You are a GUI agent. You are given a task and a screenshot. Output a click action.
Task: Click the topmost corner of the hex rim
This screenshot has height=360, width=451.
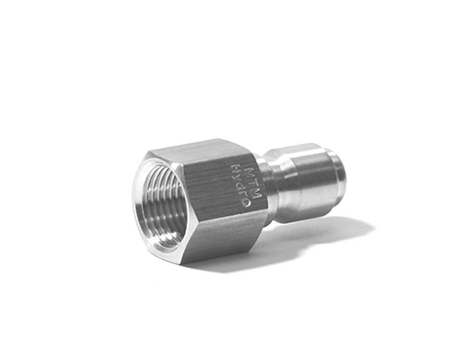pyautogui.click(x=158, y=150)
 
